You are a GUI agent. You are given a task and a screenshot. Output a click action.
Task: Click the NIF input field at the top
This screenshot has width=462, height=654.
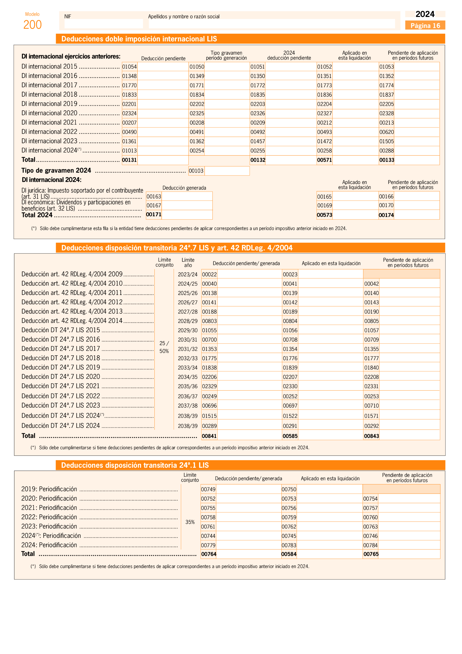pos(104,24)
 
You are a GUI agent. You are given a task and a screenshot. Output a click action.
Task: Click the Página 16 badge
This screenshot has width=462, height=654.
pos(425,26)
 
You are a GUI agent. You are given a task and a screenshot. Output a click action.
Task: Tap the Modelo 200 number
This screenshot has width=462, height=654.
pos(32,25)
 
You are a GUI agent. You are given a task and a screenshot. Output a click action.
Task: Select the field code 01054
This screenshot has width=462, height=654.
pos(129,67)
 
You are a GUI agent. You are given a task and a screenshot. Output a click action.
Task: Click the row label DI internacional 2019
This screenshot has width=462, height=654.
pos(49,104)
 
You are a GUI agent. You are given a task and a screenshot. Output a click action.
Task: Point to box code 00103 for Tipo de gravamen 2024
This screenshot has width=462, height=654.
pos(196,171)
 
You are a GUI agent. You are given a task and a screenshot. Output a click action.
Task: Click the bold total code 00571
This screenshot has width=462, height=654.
pos(324,160)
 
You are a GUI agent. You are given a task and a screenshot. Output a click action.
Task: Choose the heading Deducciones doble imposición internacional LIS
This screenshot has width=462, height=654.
pos(139,39)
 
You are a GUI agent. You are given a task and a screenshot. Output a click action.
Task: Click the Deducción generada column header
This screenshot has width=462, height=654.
pos(184,188)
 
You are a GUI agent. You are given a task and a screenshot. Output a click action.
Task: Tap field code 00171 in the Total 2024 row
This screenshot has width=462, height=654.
pos(154,214)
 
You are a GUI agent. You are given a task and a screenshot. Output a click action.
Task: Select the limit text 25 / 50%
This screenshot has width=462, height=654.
pos(164,347)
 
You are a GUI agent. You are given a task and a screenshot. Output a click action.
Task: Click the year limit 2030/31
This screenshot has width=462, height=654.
pos(188,339)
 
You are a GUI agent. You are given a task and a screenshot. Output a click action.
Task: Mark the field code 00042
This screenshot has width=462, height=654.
pos(371,284)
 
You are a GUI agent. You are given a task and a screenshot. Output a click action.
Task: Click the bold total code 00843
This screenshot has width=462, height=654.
pos(371,436)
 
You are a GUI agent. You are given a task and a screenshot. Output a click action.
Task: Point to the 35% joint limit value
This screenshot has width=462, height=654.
pos(190,522)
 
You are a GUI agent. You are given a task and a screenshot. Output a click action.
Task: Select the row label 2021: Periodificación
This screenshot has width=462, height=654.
pos(49,508)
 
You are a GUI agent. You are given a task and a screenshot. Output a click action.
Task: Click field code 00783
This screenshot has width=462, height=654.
pos(289,545)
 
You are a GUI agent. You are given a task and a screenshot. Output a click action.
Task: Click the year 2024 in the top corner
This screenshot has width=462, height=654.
pos(425,14)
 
